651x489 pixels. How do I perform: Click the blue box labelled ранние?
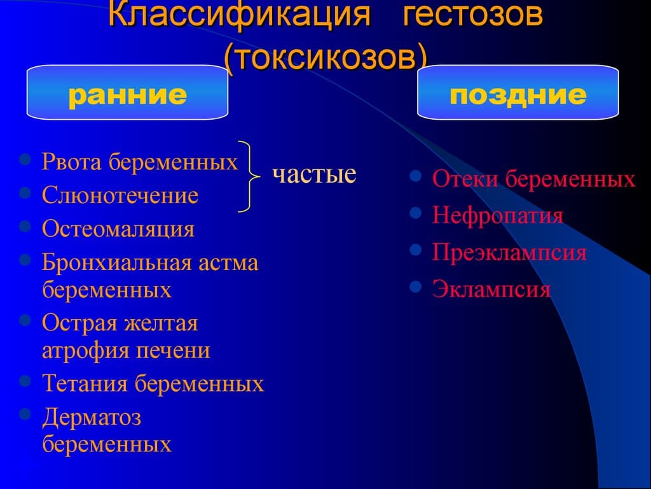[x=127, y=93]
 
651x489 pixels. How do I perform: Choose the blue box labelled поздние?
[x=517, y=93]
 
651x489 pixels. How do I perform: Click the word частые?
[x=314, y=173]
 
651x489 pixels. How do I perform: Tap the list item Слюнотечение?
[x=120, y=195]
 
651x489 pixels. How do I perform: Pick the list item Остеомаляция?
[x=118, y=229]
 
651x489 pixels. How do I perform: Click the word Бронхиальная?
[x=117, y=262]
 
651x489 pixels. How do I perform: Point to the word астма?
[x=228, y=263]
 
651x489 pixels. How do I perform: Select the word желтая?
[x=161, y=323]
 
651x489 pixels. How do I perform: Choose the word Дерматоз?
[x=92, y=417]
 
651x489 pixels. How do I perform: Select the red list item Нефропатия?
[x=497, y=216]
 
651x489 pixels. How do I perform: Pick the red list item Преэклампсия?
[x=509, y=252]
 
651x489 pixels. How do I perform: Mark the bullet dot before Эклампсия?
[x=416, y=287]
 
